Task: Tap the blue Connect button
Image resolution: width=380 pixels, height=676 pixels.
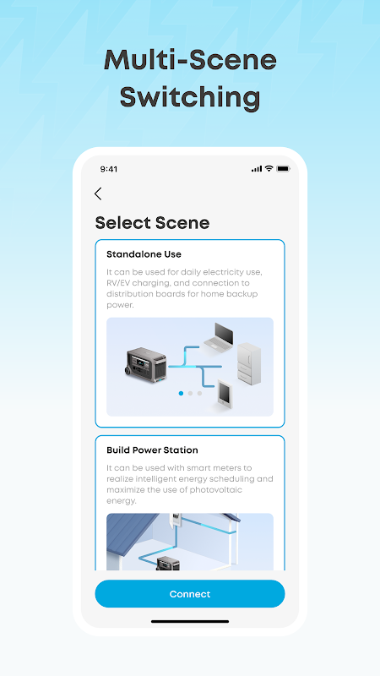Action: point(189,594)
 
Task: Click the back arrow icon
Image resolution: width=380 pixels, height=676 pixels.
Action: point(98,194)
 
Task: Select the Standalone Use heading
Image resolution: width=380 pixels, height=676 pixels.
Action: point(144,254)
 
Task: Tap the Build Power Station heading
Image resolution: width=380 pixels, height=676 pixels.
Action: point(152,450)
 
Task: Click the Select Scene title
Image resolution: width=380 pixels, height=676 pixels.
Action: point(152,223)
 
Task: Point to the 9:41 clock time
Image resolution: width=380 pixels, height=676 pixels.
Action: point(109,169)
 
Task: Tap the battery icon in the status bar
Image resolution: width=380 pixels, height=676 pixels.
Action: point(283,168)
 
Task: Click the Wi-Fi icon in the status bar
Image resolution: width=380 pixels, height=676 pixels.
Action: point(269,168)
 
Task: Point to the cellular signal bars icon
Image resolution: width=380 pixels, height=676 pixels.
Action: point(257,169)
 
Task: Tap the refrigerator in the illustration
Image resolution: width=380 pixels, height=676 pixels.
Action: point(249,363)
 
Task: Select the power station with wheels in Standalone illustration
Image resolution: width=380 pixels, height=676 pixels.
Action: point(146,365)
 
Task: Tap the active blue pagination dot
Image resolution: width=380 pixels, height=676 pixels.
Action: point(181,393)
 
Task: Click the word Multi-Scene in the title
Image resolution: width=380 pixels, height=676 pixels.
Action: point(190,61)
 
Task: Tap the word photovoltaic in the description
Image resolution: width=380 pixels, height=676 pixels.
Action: point(218,490)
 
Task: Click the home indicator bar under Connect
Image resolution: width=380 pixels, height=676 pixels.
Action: point(190,622)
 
